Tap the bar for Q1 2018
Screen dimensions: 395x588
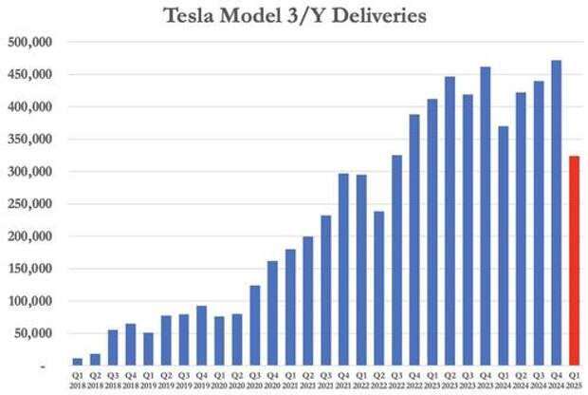click(77, 362)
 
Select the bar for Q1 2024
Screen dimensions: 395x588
click(503, 246)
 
